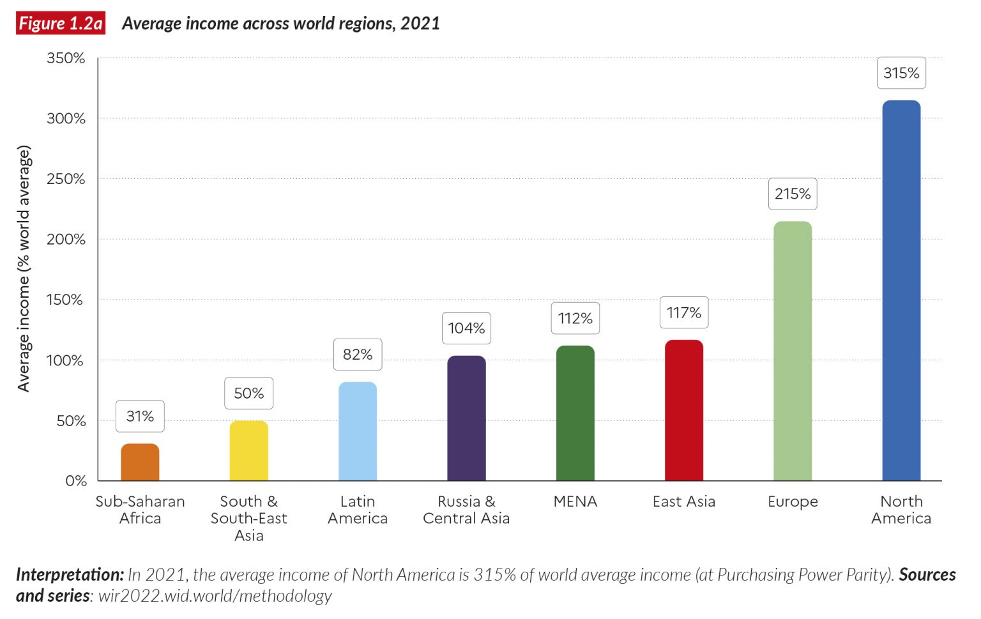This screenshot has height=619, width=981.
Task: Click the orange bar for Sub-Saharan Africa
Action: coord(140,462)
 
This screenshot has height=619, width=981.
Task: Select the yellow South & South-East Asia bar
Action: coord(248,450)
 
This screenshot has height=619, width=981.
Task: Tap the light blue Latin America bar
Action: coord(358,431)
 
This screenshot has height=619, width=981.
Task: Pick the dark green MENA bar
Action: coord(575,413)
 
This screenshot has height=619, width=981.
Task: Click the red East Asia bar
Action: coord(683,410)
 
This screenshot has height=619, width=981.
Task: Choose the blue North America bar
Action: coord(901,291)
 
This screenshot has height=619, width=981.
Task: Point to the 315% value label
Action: coord(901,73)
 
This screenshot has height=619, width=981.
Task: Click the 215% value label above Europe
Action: coord(792,194)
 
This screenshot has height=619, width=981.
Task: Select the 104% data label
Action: coord(466,328)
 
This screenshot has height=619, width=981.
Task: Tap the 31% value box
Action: coord(140,416)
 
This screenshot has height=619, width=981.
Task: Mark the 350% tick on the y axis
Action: coord(66,58)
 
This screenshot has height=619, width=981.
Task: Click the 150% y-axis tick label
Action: coord(65,300)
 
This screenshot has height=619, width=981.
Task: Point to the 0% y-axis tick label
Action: coord(76,481)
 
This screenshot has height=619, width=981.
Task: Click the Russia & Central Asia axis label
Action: coord(466,510)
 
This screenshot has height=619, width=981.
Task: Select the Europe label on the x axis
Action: coord(792,501)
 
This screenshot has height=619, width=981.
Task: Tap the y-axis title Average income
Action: coord(24,268)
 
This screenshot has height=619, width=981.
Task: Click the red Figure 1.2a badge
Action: coord(61,24)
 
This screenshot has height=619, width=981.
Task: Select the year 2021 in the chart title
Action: coord(420,24)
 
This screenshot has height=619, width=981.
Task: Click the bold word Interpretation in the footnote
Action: coord(70,574)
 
